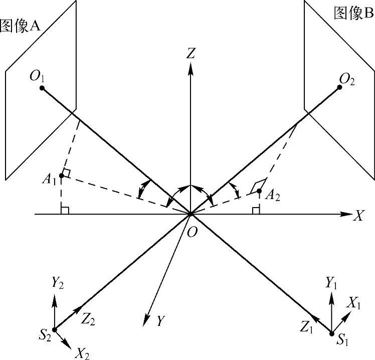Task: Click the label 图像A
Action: click(20, 26)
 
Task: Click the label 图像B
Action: click(354, 14)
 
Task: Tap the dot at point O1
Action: click(42, 88)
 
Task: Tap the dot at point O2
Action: click(339, 87)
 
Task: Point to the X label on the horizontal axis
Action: click(358, 216)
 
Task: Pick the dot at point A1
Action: click(61, 175)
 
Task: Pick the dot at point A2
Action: click(259, 191)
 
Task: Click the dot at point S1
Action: click(331, 333)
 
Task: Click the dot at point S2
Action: click(54, 329)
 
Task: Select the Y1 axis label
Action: click(331, 283)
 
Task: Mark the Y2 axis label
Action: click(57, 283)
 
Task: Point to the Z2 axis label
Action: click(89, 319)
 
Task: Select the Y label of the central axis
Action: click(160, 321)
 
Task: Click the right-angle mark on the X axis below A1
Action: click(64, 210)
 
